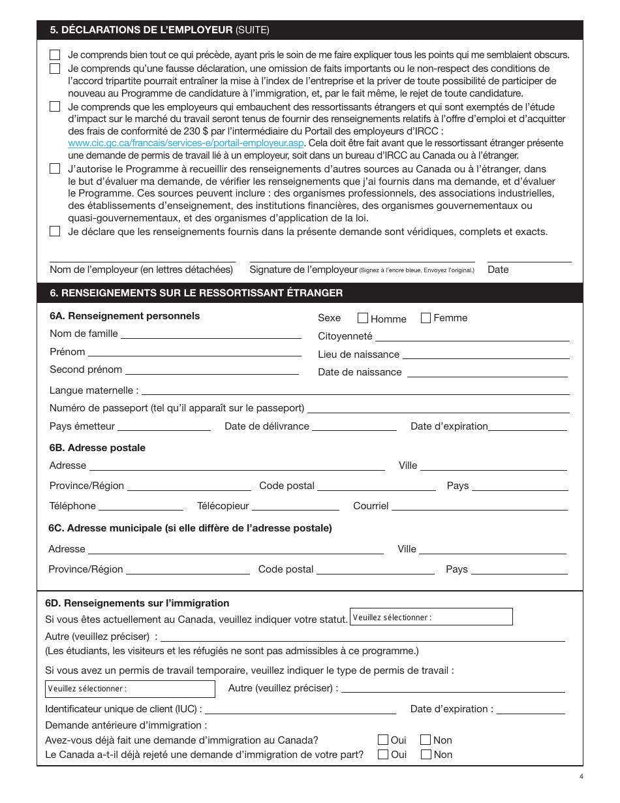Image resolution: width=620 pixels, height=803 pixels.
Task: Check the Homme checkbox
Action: (x=363, y=319)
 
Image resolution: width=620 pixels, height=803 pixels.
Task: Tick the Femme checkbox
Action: (x=426, y=318)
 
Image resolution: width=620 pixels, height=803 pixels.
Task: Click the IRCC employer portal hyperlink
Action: (x=186, y=143)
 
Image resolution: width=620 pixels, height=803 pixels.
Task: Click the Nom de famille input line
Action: (x=211, y=334)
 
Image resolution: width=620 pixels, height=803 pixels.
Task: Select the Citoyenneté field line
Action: (x=472, y=336)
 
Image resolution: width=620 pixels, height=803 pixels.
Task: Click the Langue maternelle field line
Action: (x=356, y=390)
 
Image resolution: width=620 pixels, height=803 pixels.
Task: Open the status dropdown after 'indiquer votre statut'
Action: (x=431, y=617)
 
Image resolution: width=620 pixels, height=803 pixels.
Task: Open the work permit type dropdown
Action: (x=130, y=689)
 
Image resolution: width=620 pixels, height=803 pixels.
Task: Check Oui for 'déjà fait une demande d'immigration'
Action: (x=383, y=740)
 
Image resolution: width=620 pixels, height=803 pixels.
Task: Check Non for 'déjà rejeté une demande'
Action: (x=426, y=754)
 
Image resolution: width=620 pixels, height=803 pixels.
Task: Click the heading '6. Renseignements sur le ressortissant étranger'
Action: (x=196, y=293)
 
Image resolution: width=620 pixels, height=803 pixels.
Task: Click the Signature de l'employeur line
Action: (x=362, y=259)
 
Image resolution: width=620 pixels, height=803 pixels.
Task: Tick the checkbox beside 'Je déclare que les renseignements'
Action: (x=55, y=231)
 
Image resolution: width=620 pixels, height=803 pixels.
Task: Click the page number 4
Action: (x=581, y=776)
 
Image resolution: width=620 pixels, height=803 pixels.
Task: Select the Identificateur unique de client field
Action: (x=300, y=710)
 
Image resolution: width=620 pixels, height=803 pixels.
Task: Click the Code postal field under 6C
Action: (x=375, y=569)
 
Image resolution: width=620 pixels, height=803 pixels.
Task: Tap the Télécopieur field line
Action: (x=295, y=506)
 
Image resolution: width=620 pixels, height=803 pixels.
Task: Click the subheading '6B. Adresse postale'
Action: (x=97, y=448)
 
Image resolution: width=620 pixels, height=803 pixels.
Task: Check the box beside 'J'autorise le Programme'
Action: (x=55, y=168)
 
